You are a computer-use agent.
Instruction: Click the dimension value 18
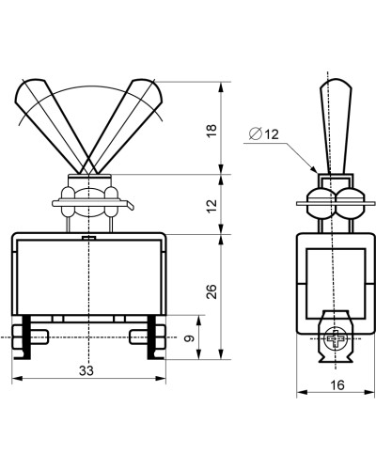[x=212, y=131]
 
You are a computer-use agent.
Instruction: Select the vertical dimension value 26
[x=212, y=291]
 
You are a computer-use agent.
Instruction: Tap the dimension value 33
[x=86, y=370]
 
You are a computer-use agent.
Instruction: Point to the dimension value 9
[x=190, y=338]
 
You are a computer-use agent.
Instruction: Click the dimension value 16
[x=337, y=385]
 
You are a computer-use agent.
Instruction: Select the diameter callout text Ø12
[x=263, y=134]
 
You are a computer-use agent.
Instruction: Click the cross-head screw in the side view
[x=336, y=338]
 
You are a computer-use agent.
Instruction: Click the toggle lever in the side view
[x=336, y=125]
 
